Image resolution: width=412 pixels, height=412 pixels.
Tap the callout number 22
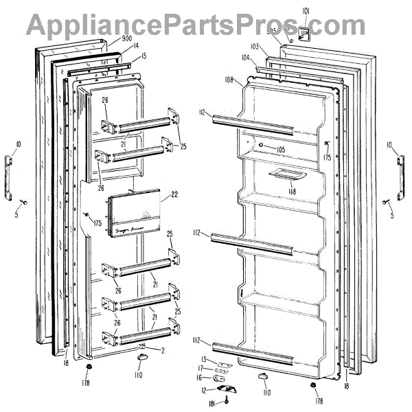point(174,194)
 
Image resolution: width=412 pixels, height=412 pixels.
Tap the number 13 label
point(204,359)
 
